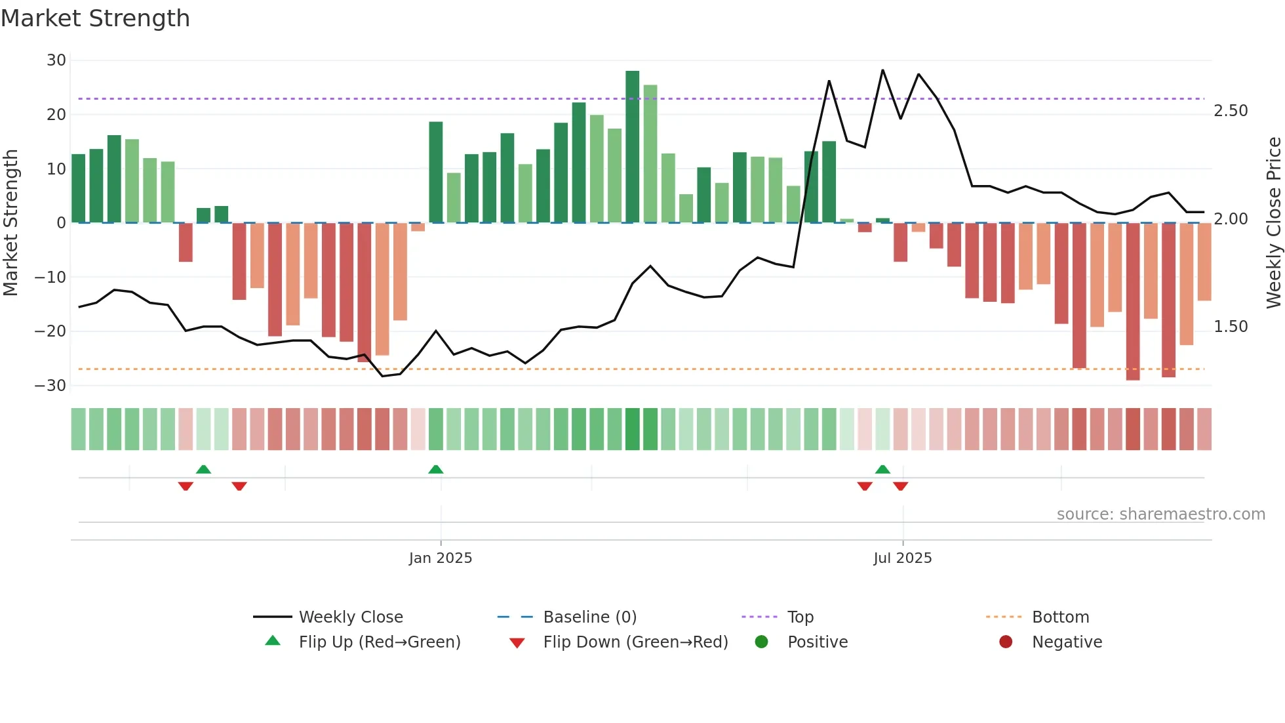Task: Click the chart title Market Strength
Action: point(95,18)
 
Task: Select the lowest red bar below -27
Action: point(1133,302)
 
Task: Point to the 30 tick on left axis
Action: point(56,60)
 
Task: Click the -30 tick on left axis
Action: point(51,386)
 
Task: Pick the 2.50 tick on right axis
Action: point(1231,111)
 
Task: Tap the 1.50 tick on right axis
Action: point(1231,327)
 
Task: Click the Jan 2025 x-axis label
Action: point(440,558)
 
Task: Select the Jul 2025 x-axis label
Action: point(902,558)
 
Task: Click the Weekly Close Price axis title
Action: point(1273,223)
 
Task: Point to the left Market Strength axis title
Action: point(10,223)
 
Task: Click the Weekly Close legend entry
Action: point(350,617)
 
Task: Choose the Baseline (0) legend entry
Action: point(589,617)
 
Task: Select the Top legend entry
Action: point(800,617)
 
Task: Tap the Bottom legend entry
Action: point(1060,617)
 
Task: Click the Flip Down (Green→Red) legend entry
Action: point(635,642)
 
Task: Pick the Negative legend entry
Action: point(1067,642)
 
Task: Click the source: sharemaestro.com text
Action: point(1160,514)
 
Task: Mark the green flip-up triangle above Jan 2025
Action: point(436,469)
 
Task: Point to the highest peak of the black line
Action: point(882,70)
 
